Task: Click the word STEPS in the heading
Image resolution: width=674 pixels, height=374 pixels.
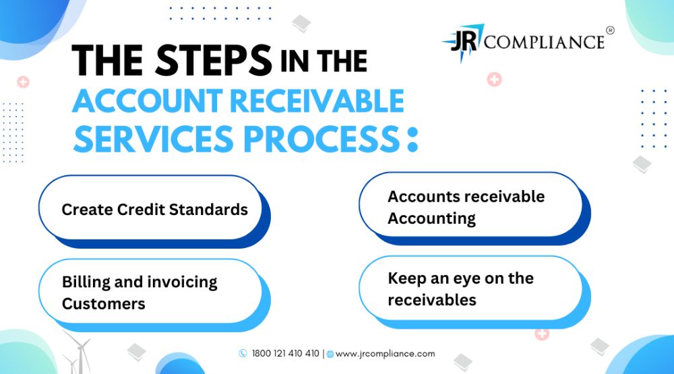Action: coord(214,60)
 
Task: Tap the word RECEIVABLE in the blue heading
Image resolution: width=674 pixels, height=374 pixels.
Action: coord(317,101)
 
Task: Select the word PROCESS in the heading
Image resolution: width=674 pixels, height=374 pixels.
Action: coord(322,139)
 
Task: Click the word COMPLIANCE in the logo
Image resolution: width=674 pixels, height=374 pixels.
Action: coord(545,42)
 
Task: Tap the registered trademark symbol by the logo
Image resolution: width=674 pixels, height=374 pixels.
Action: coord(610,30)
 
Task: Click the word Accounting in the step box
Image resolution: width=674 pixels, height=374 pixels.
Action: coord(431,218)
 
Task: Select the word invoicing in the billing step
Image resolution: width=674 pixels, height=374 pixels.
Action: coord(182,282)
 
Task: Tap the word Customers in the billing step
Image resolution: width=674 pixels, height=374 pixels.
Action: coord(104,304)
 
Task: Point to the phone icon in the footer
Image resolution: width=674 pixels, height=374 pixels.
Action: coord(243,353)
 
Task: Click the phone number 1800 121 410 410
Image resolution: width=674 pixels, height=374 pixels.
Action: coord(285,353)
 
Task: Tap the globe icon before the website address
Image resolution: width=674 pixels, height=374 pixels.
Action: coord(330,354)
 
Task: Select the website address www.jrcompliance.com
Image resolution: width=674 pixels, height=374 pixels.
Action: coord(385,354)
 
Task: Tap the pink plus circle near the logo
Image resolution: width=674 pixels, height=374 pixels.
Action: coord(494,80)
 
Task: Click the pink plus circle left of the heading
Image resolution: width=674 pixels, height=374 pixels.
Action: coord(23,82)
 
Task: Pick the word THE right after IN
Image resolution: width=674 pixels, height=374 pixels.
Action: coord(342,61)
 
